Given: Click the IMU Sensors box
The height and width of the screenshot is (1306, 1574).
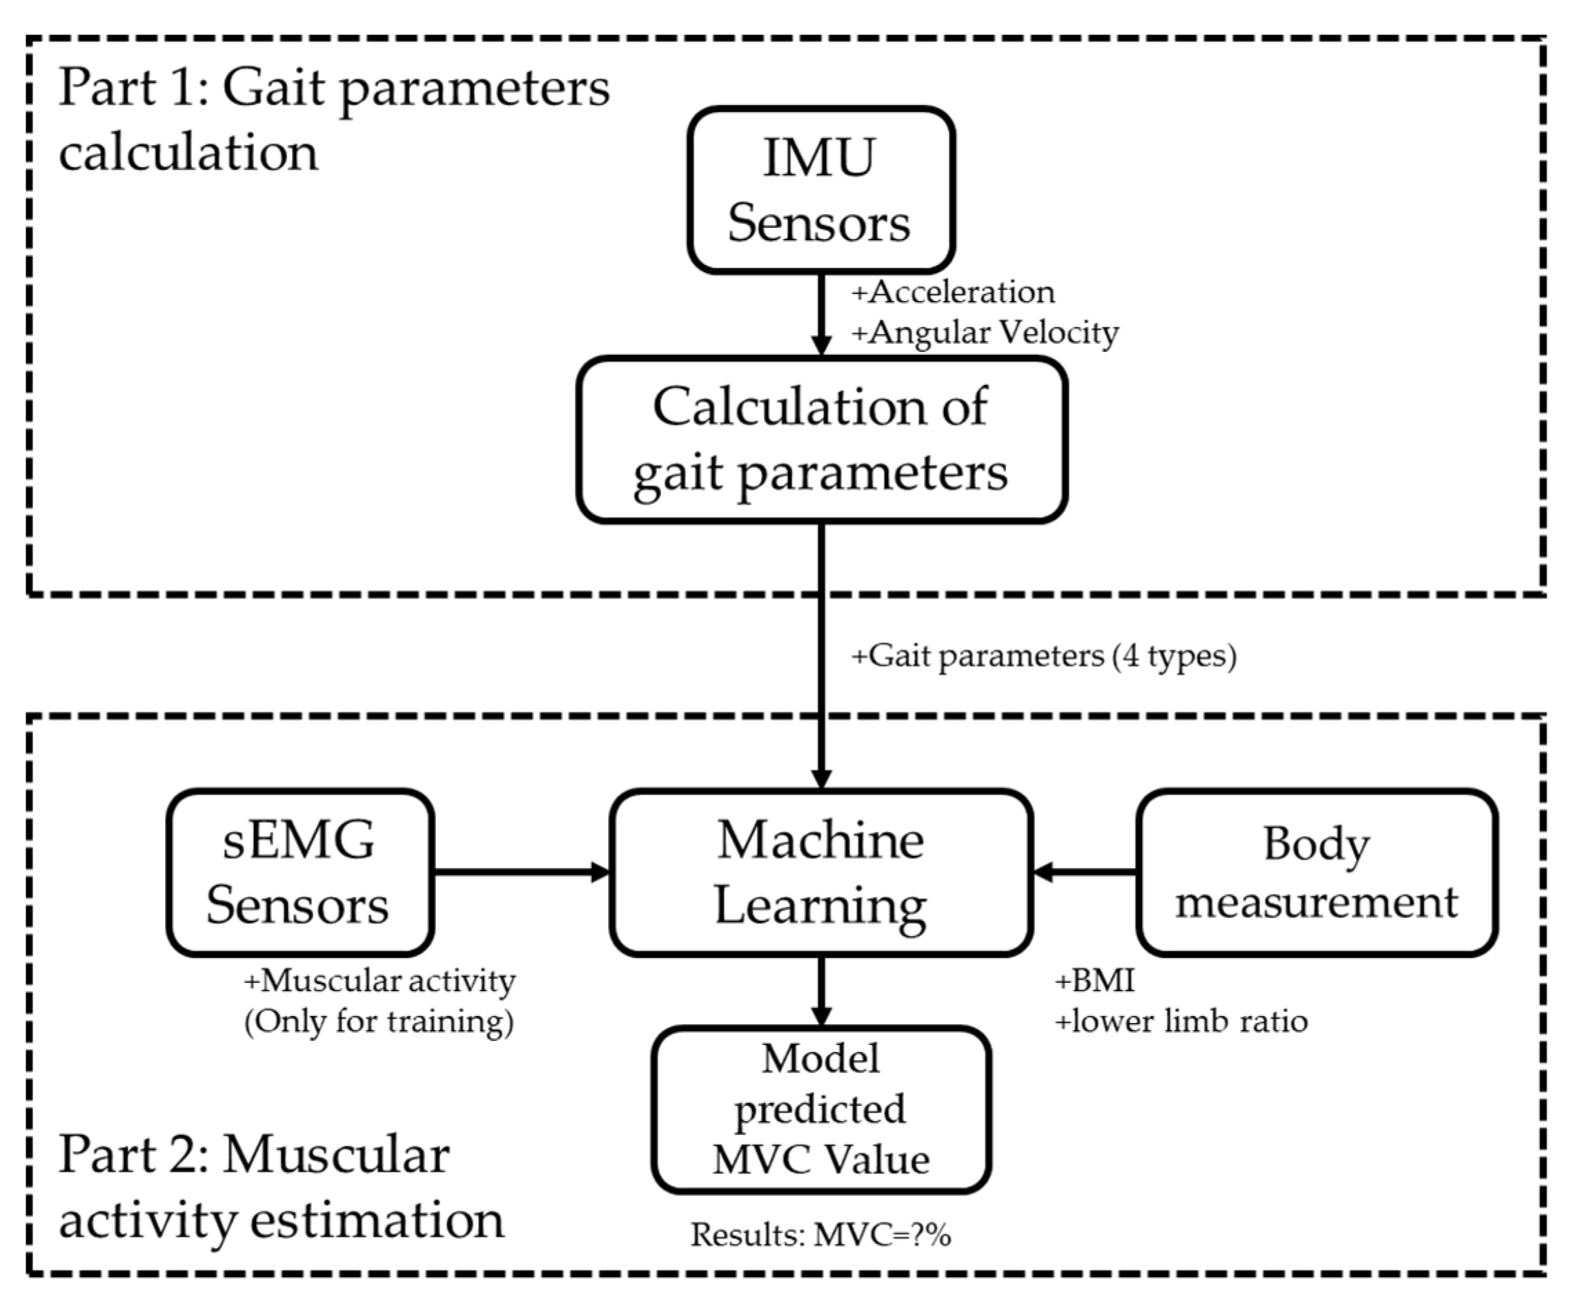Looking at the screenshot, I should point(820,190).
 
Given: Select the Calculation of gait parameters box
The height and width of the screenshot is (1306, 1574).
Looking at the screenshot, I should point(821,440).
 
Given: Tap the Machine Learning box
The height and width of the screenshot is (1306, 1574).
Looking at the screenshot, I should point(821,872).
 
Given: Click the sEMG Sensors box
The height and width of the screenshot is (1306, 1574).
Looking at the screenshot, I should point(299,872).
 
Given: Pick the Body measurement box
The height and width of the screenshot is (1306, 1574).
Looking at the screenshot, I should point(1316,872).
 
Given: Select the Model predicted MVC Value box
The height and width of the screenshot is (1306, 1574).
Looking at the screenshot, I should point(821,1109).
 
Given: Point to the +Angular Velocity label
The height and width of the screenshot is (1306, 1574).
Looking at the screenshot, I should point(984,332).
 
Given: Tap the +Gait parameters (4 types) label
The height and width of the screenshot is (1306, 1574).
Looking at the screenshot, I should point(1043,656).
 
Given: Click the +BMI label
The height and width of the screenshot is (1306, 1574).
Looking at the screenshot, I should point(1094,981).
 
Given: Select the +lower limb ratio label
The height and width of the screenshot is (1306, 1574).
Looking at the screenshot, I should point(1181,1021).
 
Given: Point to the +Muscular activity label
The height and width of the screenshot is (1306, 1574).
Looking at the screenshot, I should point(380,981).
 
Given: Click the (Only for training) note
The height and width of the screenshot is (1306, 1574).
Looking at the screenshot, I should point(380,1021).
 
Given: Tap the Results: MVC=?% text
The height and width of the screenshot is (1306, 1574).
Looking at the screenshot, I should point(820,1235).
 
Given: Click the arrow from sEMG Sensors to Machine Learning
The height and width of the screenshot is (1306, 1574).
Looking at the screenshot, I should point(522,872).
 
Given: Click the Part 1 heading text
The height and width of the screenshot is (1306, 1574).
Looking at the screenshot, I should point(333,120).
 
